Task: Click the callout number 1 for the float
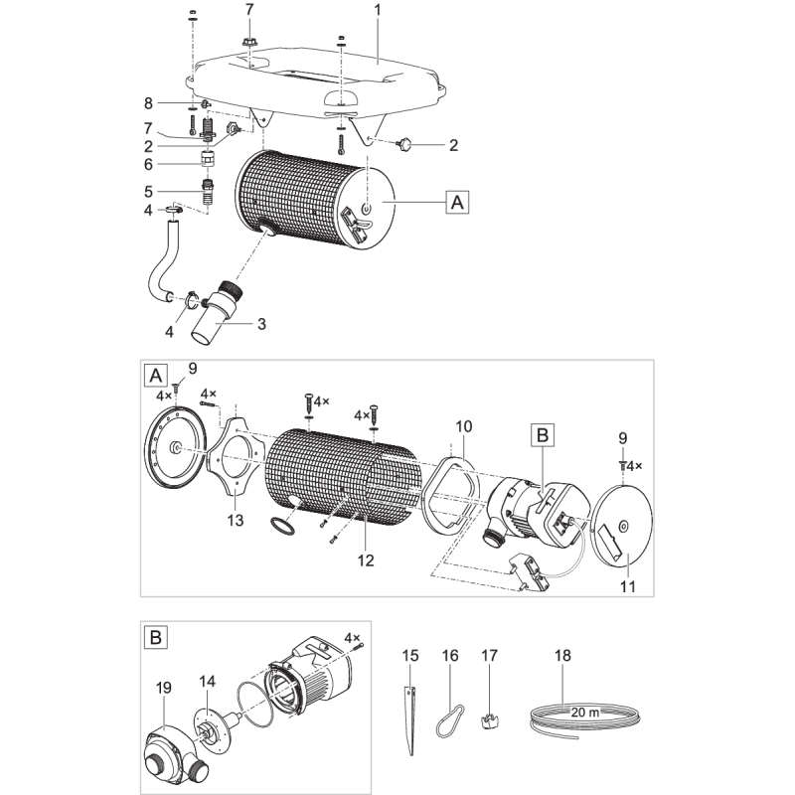377,9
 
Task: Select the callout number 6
149,164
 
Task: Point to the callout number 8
149,102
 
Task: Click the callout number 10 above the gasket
464,425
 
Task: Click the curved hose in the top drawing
164,268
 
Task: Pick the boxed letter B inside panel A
544,436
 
